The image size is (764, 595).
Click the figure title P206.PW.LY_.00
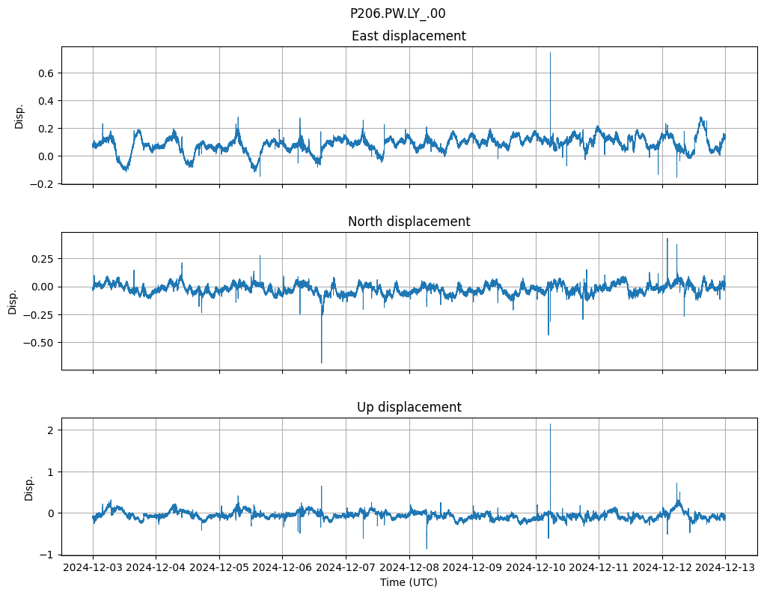[397, 13]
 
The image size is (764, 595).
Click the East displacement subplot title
[409, 36]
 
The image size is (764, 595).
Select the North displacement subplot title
[409, 222]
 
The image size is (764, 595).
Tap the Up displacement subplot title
[409, 407]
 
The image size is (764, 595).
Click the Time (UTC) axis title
[409, 582]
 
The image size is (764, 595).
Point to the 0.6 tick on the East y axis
[49, 73]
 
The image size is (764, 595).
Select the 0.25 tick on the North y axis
[46, 259]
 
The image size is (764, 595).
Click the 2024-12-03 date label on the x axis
[93, 567]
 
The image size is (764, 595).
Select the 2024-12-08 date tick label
[409, 567]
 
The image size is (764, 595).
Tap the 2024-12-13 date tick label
[724, 567]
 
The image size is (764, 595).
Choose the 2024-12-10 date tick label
[535, 567]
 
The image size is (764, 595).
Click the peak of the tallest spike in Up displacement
[550, 424]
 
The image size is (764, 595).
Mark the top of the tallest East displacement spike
[550, 52]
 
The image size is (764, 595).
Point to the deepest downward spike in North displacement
[322, 363]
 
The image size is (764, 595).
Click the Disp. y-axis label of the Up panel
[29, 487]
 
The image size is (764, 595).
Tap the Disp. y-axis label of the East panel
[19, 116]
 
